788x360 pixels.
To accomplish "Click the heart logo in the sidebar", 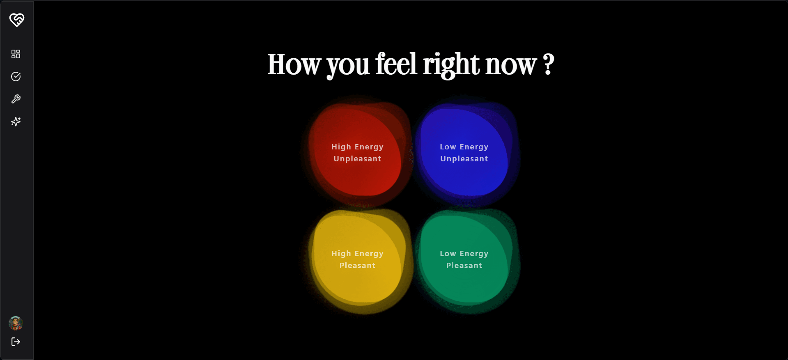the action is tap(17, 20).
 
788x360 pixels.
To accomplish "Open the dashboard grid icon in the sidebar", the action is tap(16, 54).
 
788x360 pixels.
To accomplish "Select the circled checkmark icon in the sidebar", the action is tap(16, 76).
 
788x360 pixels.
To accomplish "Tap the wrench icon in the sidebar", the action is tap(16, 99).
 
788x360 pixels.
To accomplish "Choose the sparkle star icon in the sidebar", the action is tap(16, 122).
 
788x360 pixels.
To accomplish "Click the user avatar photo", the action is tap(16, 323).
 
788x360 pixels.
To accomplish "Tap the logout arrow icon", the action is tap(16, 342).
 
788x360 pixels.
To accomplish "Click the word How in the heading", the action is tap(294, 64).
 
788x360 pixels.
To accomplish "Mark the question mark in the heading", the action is tap(548, 64).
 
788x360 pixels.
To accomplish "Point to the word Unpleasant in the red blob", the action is tap(357, 159).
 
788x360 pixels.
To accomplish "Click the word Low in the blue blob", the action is tap(448, 147).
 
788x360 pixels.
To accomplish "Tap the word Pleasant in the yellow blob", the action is tap(357, 266).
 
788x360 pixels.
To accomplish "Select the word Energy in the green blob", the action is tap(474, 254).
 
